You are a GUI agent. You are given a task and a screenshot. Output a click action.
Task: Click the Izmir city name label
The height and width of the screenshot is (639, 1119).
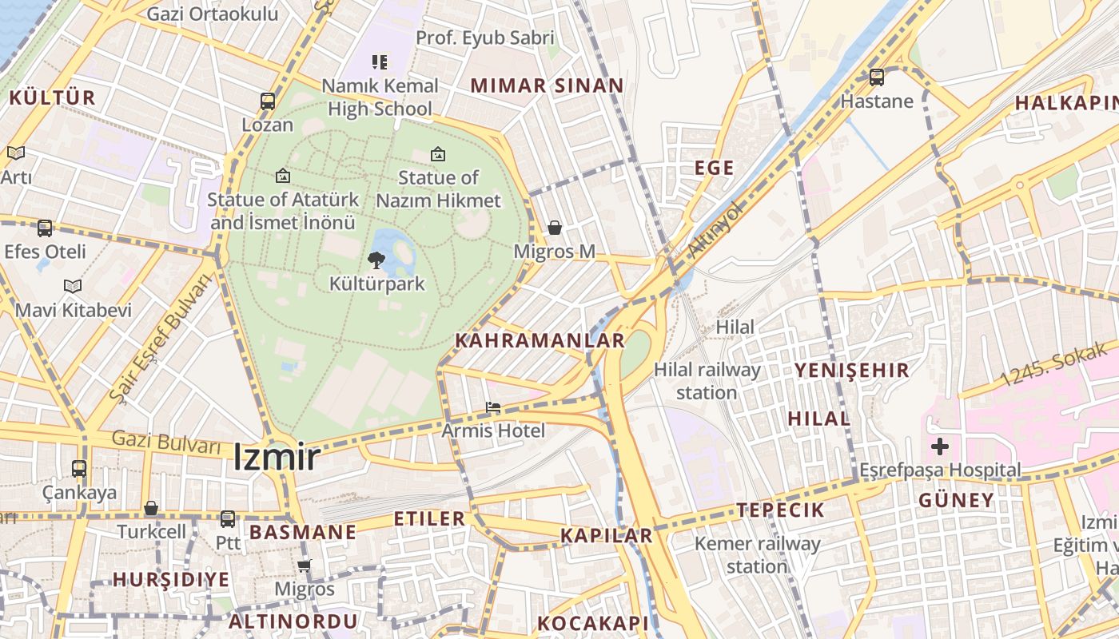277,458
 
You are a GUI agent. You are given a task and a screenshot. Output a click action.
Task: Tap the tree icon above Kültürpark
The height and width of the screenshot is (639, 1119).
376,260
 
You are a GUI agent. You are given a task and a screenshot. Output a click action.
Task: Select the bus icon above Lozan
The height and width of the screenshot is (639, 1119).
268,101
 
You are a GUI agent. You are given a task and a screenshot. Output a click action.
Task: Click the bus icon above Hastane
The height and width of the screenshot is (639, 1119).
877,77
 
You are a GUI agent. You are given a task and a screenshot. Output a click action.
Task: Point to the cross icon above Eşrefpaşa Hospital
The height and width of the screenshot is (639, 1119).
940,446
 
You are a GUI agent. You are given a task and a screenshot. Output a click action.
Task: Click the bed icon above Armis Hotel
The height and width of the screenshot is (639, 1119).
493,407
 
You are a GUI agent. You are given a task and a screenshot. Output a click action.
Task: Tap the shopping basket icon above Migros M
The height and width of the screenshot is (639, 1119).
555,228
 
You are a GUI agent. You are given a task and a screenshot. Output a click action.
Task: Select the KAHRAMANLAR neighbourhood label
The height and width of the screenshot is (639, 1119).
540,341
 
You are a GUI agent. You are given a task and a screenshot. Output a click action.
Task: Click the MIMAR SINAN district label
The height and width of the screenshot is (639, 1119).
547,86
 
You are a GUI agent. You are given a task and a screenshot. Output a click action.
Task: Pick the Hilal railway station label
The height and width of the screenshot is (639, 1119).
707,381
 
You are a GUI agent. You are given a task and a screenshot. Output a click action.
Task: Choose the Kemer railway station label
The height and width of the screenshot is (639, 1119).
757,555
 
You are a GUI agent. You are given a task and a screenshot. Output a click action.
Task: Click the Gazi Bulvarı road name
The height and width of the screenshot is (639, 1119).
165,441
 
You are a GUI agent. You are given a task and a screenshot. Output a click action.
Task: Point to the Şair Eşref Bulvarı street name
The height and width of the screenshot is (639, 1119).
162,337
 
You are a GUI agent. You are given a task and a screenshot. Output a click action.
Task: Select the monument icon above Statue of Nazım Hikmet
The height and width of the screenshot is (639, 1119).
438,154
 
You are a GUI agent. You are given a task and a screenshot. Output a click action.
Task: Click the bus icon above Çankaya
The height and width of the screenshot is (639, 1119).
79,469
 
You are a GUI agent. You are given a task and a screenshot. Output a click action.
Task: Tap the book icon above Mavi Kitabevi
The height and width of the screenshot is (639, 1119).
73,286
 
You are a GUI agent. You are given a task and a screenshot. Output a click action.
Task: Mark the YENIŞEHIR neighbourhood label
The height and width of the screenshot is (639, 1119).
851,371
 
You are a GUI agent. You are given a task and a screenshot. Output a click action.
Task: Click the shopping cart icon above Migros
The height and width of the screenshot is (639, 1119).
304,566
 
